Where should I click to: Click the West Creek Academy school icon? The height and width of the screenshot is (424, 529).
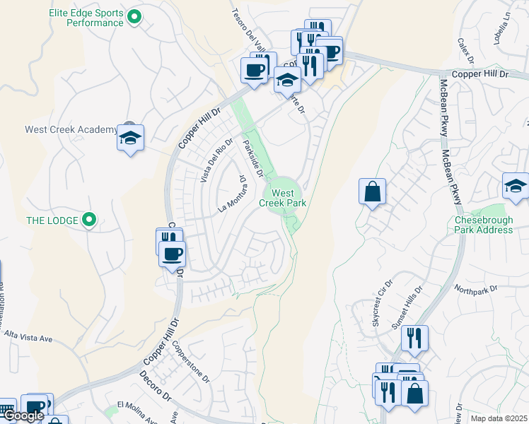tap(131, 138)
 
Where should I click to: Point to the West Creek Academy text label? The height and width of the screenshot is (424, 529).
tap(71, 129)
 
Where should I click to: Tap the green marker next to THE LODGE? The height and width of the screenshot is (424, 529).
tap(88, 220)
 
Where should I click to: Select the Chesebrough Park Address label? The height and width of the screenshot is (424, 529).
tap(484, 225)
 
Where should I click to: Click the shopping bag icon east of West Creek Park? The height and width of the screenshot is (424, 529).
tap(372, 192)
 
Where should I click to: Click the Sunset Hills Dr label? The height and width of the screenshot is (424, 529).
tap(407, 308)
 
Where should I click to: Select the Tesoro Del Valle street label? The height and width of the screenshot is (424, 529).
tap(243, 30)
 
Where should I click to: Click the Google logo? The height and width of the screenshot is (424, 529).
tap(23, 416)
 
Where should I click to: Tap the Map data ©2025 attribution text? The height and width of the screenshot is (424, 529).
tap(499, 418)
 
